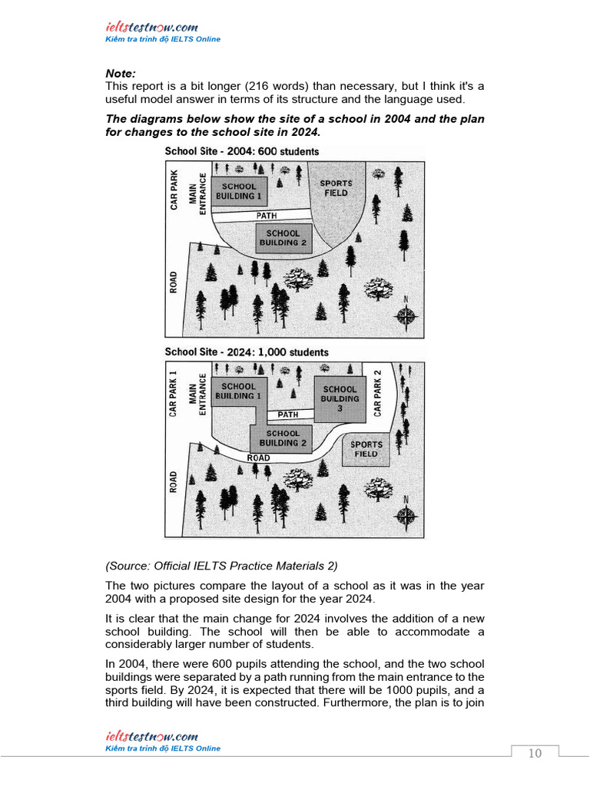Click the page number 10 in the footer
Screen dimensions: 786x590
click(535, 753)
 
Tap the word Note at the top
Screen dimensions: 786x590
click(121, 74)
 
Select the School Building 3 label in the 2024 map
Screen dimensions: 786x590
click(340, 399)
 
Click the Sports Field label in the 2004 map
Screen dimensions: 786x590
click(336, 188)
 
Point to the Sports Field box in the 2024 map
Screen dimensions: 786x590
click(366, 449)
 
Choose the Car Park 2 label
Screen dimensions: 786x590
click(377, 393)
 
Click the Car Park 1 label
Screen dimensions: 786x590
click(173, 394)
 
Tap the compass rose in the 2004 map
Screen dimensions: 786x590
click(406, 315)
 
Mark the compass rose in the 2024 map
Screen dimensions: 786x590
click(406, 515)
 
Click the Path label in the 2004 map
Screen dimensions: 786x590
click(267, 216)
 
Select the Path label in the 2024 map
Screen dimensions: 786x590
click(288, 414)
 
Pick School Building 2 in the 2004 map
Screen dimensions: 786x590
click(283, 238)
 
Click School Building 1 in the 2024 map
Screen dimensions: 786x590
click(238, 391)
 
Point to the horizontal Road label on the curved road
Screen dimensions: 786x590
click(258, 458)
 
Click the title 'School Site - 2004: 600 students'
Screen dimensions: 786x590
click(241, 151)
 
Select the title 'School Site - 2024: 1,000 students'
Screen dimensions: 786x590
click(247, 352)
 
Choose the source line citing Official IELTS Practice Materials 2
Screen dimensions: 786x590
click(221, 566)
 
